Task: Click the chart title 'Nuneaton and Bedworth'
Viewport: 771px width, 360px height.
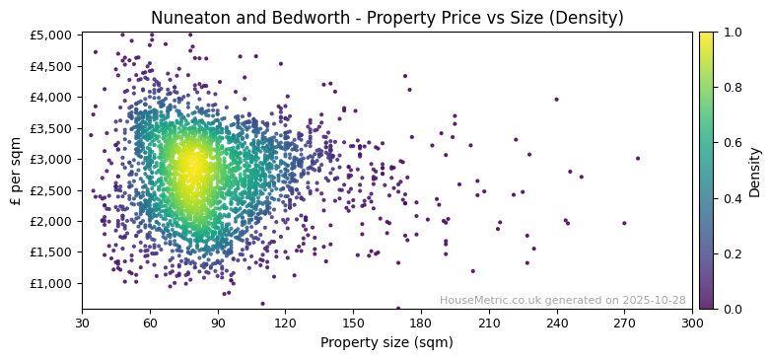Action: tap(386, 18)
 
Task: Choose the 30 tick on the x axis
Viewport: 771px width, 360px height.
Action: tap(82, 323)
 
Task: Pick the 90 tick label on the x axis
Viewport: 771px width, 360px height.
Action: tap(218, 323)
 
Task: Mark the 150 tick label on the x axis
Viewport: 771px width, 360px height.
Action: tap(353, 323)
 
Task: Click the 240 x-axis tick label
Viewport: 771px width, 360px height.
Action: tap(557, 323)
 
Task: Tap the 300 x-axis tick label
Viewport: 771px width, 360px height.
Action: tap(692, 323)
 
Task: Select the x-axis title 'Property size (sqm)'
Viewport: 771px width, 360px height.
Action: tap(386, 343)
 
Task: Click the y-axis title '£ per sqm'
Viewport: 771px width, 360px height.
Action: tap(17, 171)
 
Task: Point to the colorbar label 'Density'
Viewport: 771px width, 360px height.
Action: tap(755, 171)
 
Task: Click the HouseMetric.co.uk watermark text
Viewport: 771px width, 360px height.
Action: tap(562, 300)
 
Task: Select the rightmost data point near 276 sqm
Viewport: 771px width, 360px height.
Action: tap(638, 158)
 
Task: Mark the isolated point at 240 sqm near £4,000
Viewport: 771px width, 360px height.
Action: tap(556, 99)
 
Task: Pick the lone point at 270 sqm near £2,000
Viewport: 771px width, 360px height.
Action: tap(624, 223)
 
